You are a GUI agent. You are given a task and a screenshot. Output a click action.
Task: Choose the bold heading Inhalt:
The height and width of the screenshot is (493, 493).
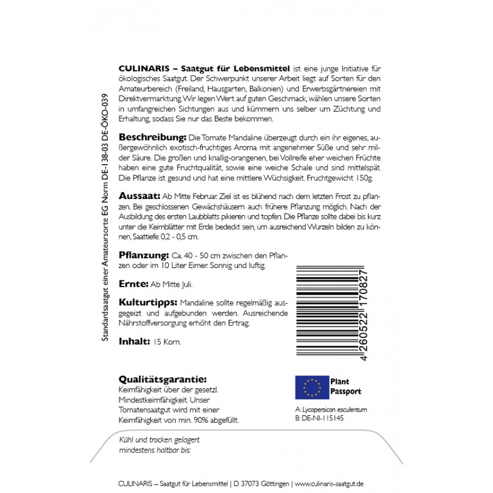pyautogui.click(x=133, y=341)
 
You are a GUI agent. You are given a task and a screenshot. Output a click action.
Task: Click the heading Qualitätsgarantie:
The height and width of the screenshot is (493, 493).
pyautogui.click(x=161, y=380)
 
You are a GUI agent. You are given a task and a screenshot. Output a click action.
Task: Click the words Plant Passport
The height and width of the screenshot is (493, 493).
pyautogui.click(x=346, y=386)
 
